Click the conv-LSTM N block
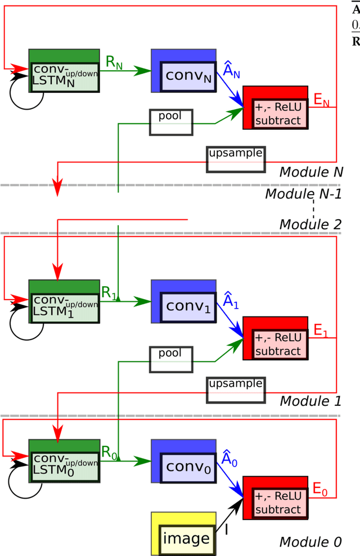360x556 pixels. [x=64, y=71]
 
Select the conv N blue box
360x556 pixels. [x=184, y=71]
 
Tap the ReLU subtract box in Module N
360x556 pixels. [x=276, y=108]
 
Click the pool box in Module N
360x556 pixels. [x=170, y=122]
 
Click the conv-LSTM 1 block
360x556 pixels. [x=64, y=302]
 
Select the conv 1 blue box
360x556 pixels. [x=184, y=302]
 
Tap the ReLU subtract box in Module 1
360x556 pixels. [x=276, y=338]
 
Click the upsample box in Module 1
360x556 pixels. [x=235, y=390]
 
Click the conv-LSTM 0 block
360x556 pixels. [x=64, y=461]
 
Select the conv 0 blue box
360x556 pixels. [x=184, y=461]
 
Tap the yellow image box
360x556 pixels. [x=184, y=534]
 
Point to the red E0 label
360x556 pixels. [x=320, y=490]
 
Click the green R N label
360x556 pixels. [x=114, y=62]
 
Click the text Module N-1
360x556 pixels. [x=303, y=195]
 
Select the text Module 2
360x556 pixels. [x=310, y=224]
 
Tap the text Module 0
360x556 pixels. [x=310, y=542]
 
